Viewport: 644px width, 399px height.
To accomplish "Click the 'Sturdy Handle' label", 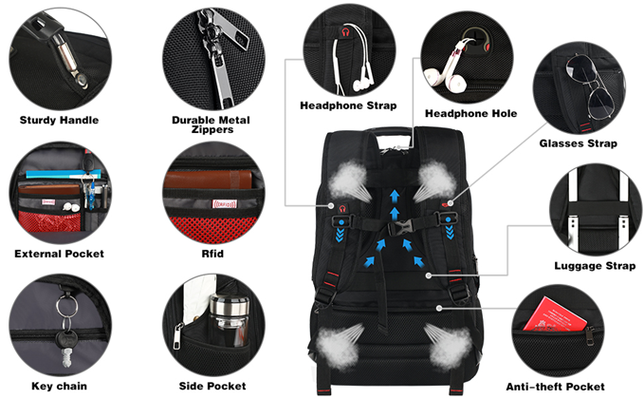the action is [59, 120].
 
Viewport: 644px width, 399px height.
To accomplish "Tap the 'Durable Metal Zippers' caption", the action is [212, 124].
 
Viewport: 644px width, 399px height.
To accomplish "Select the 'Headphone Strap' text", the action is [348, 105].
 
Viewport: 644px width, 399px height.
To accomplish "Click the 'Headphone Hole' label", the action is [470, 114].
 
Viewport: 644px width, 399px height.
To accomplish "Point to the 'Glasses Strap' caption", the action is [579, 143].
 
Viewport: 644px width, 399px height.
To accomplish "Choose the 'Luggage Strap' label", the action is [595, 266].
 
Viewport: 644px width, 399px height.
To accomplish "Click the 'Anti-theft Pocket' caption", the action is [555, 387].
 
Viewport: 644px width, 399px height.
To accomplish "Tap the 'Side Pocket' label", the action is [212, 386].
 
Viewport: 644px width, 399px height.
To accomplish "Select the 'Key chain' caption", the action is [59, 386].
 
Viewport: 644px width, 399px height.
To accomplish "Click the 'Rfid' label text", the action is [212, 254].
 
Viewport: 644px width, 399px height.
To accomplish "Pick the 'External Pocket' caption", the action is [59, 254].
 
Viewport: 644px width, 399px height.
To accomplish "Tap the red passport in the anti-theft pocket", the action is [555, 314].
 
